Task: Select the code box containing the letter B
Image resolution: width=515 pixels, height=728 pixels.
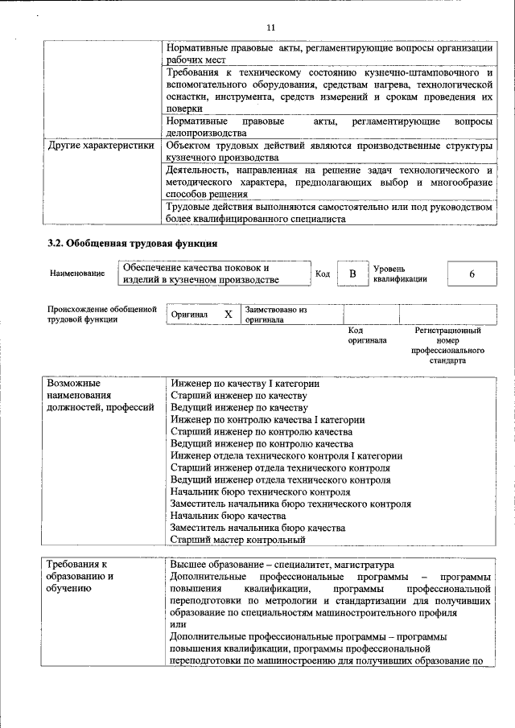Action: [352, 274]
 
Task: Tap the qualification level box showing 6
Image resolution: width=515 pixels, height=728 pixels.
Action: [472, 274]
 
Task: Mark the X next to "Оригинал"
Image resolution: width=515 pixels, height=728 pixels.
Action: [228, 315]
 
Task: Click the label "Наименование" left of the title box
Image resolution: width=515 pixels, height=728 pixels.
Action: [76, 274]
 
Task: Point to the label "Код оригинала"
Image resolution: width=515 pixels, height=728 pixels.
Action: [367, 335]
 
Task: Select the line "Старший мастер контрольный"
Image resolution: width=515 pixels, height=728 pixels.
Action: [238, 540]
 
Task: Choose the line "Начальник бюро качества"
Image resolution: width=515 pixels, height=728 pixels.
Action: [229, 516]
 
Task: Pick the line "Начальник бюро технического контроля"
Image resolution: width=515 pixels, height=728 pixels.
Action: [261, 492]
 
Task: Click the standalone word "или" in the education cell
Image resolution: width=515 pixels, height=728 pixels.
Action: [179, 624]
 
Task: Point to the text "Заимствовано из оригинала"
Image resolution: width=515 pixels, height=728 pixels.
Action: [276, 314]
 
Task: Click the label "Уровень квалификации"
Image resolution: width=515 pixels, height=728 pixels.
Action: [400, 274]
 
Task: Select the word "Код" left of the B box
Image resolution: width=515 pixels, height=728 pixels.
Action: [322, 274]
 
